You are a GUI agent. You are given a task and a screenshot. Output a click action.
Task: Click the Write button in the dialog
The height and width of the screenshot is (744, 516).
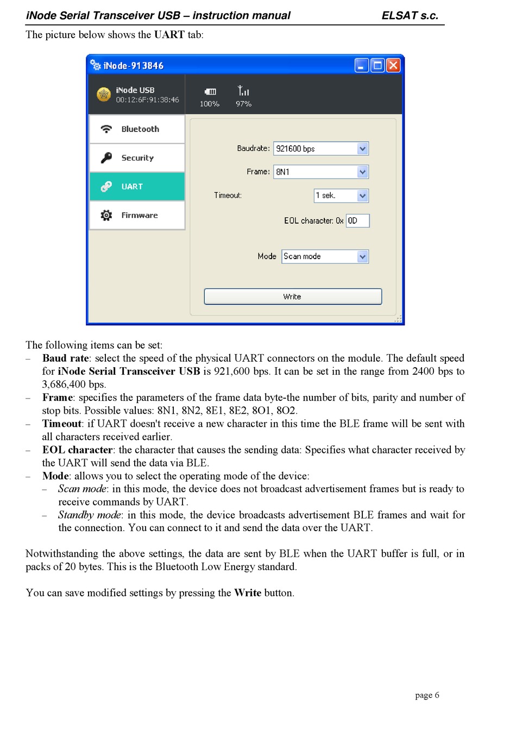(x=293, y=297)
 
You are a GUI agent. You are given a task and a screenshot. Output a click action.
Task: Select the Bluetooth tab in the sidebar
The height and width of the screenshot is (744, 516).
(x=137, y=129)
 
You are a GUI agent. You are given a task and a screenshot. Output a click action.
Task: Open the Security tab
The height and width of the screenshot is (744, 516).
(x=137, y=158)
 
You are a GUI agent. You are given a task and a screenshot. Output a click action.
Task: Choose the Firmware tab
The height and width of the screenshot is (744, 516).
(x=137, y=216)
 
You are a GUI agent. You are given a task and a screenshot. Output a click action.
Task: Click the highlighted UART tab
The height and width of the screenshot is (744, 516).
(x=137, y=187)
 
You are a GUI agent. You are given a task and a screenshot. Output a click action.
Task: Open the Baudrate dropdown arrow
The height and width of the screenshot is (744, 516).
(x=363, y=149)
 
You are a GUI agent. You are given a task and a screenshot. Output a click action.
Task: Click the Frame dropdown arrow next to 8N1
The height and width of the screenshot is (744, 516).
(x=363, y=172)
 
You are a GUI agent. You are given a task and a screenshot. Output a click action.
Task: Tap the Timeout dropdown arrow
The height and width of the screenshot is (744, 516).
(x=363, y=196)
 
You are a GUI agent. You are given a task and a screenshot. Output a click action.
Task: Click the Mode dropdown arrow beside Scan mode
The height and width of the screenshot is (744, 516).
(x=363, y=256)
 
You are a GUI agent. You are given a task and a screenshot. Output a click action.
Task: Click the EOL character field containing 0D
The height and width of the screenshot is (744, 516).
(x=357, y=220)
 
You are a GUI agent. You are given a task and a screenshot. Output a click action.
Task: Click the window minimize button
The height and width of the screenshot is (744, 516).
(x=362, y=66)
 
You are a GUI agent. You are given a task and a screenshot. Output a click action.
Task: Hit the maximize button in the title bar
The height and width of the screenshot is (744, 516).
(x=377, y=66)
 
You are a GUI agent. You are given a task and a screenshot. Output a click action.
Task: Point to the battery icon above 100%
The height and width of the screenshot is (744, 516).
(x=210, y=92)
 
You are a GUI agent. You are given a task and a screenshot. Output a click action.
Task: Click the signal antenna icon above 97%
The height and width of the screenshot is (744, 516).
(x=243, y=91)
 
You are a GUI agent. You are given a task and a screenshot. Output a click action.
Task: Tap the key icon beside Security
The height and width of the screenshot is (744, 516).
(x=106, y=158)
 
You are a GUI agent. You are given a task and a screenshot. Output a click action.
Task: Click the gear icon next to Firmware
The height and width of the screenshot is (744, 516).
(x=106, y=216)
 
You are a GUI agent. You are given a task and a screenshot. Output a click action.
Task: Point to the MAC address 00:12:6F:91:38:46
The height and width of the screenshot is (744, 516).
(x=147, y=100)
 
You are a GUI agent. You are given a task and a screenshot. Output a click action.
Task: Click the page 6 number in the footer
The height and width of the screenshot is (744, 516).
(x=427, y=695)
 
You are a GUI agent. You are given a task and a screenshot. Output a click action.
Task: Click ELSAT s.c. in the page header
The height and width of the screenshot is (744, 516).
(x=410, y=16)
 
